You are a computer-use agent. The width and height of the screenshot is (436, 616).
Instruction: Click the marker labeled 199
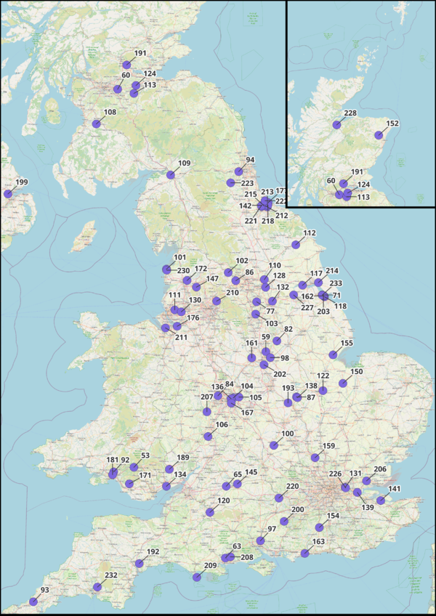point(8,194)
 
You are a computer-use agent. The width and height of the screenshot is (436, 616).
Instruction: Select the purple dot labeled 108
point(97,124)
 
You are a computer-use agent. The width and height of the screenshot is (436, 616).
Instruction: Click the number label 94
point(251,160)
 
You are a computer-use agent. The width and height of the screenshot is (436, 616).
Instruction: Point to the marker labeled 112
point(296,244)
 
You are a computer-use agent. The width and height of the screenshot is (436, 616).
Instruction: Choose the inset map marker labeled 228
point(336,125)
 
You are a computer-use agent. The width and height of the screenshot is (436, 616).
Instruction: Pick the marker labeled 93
point(33,601)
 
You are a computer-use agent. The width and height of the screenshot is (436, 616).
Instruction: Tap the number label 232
point(111,575)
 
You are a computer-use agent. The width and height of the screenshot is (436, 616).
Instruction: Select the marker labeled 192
point(139,564)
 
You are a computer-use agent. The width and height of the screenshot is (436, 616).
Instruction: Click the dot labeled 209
point(197,577)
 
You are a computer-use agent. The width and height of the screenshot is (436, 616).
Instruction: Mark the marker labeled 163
point(305,554)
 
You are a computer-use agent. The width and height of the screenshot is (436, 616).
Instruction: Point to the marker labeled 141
point(381,500)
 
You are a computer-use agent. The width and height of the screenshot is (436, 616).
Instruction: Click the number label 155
point(347,343)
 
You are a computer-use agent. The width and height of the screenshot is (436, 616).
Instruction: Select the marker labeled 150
point(343,383)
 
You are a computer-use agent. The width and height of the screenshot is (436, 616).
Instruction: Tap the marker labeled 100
point(274,445)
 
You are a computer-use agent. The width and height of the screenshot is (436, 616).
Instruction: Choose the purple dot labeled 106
point(209,437)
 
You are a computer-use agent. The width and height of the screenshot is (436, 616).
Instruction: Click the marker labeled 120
point(210,513)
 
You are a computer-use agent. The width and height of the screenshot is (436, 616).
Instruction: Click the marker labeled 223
point(230,182)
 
